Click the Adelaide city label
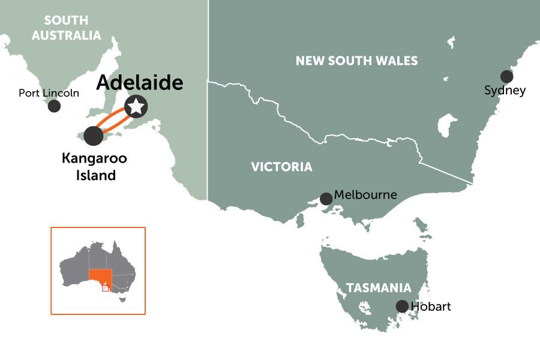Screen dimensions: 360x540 pos(139,83)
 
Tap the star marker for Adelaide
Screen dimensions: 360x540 pos(137,107)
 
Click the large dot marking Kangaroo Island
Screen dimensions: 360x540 pos(94,136)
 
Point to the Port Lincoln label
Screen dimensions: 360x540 pos(49,93)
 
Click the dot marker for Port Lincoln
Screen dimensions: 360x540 pos(54,106)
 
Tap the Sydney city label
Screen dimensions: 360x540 pos(505,91)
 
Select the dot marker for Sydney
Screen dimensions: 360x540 pos(507,76)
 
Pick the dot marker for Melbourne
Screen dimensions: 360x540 pos(326,199)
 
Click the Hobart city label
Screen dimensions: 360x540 pos(431,307)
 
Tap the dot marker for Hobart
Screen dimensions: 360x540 pos(402,306)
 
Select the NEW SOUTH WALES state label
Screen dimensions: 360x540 pos(356,61)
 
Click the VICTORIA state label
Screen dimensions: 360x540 pos(281,167)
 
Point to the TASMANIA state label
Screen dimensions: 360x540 pos(379,288)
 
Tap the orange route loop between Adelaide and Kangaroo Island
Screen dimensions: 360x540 pos(114,118)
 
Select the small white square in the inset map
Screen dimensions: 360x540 pos(106,288)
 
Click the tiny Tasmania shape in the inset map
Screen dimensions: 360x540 pos(122,299)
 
